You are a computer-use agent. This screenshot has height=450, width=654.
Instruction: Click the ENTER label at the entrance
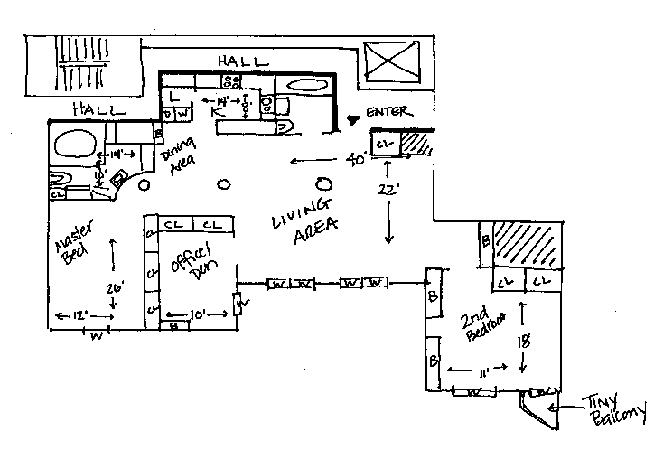pyautogui.click(x=388, y=113)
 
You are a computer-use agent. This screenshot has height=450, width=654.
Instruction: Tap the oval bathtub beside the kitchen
pyautogui.click(x=307, y=87)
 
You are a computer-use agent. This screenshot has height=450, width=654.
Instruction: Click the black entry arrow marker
pyautogui.click(x=354, y=118)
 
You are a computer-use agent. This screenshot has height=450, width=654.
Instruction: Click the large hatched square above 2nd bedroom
pyautogui.click(x=529, y=244)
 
